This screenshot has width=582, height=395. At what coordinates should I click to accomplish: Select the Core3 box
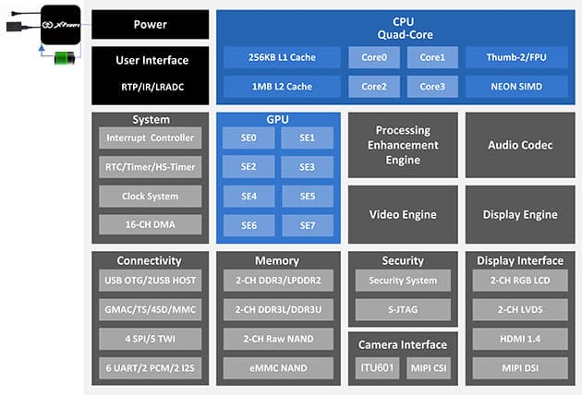432,87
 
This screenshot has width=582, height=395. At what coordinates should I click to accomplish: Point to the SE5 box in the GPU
308,197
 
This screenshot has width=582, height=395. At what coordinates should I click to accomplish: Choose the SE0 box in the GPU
249,138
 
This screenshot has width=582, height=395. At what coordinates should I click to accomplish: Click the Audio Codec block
520,146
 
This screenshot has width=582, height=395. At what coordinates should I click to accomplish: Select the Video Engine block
403,215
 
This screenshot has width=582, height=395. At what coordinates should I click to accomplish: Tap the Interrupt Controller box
150,138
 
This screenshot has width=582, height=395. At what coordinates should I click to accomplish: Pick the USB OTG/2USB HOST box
150,281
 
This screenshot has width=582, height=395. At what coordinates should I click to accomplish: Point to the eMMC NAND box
278,368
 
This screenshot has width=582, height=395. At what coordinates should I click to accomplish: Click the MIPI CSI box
428,368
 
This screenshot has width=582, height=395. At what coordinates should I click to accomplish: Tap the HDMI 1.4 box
520,339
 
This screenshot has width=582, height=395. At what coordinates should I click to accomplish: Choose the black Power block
151,24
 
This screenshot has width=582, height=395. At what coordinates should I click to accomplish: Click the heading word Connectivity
150,261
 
